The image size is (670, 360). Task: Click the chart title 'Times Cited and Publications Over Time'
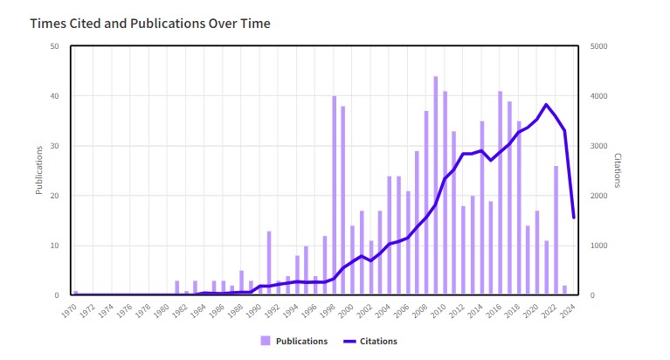[x=150, y=24]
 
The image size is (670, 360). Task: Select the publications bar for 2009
[x=426, y=203]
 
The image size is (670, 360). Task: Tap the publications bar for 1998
[x=334, y=196]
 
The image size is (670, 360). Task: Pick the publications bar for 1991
[x=269, y=263]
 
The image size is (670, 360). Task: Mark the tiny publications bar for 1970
[x=76, y=293]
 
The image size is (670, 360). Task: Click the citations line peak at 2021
[x=546, y=105]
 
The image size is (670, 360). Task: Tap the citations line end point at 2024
[x=574, y=218]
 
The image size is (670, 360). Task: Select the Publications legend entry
[x=294, y=341]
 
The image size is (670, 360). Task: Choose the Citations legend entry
[x=370, y=341]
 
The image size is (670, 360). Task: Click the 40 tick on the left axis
[x=55, y=96]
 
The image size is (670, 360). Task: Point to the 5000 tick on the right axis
[x=599, y=46]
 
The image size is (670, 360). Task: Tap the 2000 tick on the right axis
[x=599, y=196]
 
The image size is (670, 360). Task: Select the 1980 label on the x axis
[x=162, y=309]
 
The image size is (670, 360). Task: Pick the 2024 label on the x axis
[x=568, y=309]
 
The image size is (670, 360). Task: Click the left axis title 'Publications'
[x=39, y=170]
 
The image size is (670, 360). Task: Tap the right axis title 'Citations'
[x=617, y=170]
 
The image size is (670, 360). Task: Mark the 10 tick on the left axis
[x=55, y=246]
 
